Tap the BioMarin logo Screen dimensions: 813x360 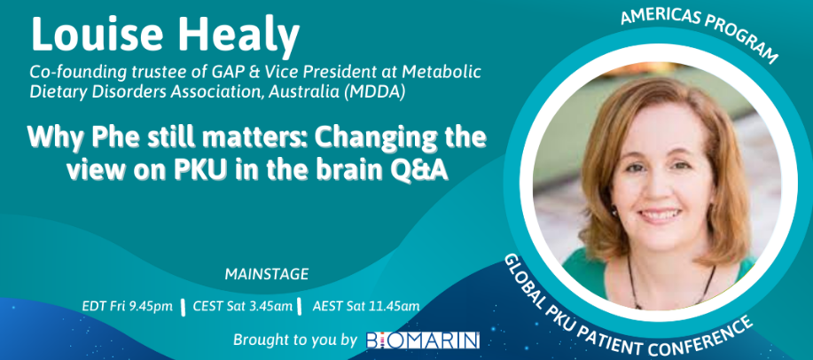(x=423, y=340)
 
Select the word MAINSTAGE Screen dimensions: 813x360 (x=267, y=274)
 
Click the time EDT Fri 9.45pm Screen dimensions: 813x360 (x=127, y=307)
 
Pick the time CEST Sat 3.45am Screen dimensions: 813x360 (x=242, y=307)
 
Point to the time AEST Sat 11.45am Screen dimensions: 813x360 (x=366, y=307)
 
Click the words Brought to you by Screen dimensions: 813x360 (x=295, y=340)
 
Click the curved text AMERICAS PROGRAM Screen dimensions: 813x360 (x=700, y=30)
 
